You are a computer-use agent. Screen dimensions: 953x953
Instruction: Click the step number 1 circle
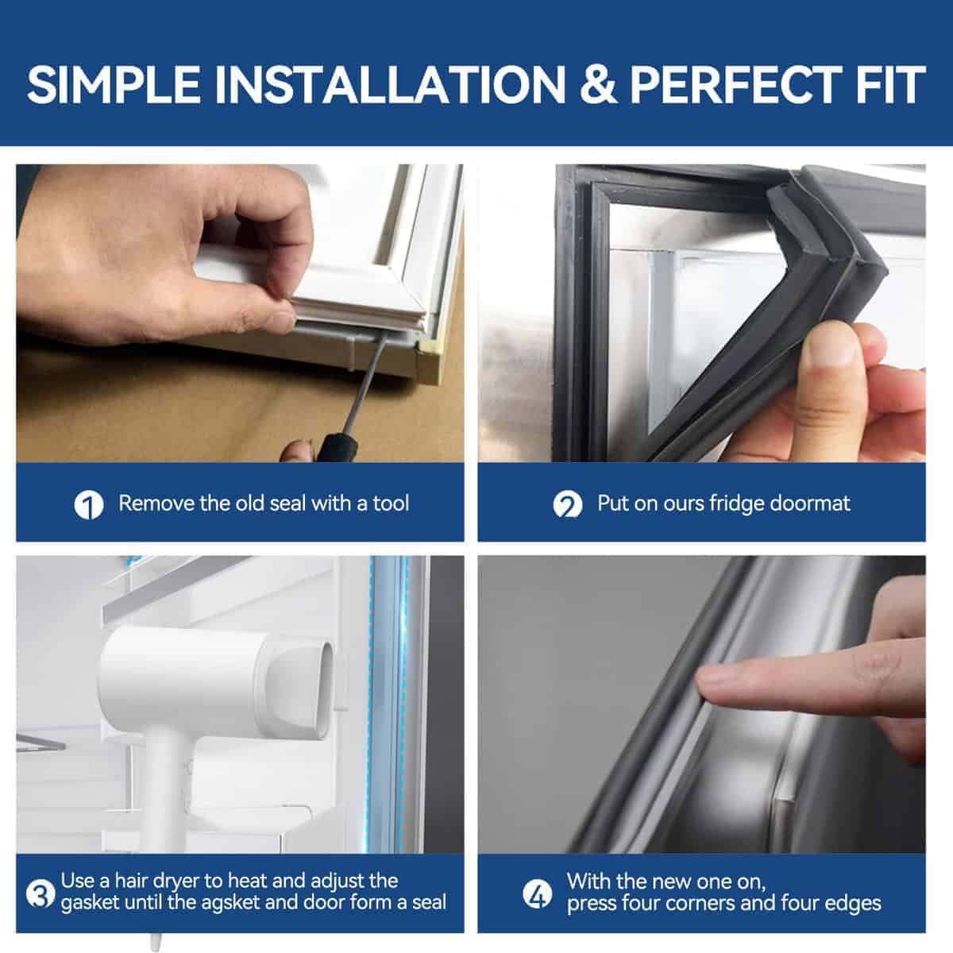pos(89,505)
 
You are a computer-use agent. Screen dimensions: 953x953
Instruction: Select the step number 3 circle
pos(41,893)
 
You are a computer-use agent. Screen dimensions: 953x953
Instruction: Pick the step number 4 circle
pos(538,893)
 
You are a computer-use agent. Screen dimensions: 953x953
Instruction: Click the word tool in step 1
pos(391,504)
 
